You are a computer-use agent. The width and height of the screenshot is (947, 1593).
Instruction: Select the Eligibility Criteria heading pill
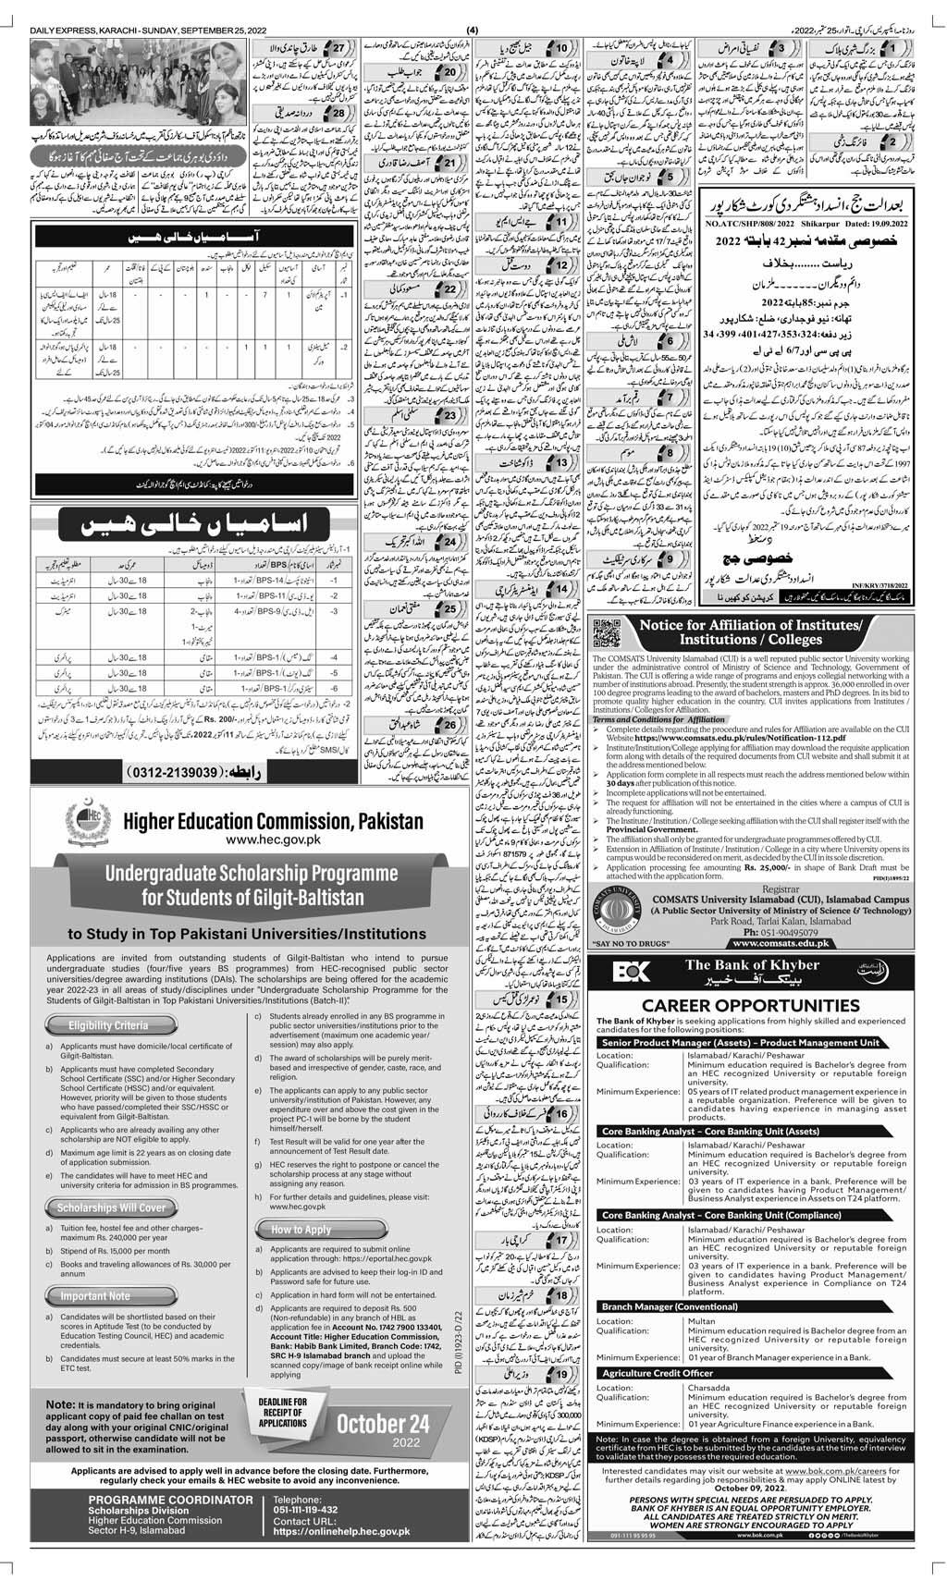pos(105,1025)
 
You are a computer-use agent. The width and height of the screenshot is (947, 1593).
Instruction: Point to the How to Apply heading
pos(301,1230)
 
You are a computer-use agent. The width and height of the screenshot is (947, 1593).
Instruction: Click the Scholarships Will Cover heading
pos(111,1207)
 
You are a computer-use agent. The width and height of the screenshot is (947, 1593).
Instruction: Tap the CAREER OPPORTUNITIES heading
pos(754,1006)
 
